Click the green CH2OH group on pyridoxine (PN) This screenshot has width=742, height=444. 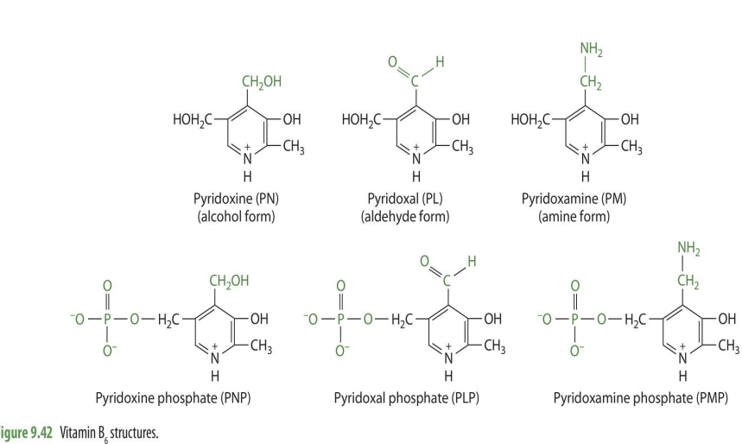[262, 83]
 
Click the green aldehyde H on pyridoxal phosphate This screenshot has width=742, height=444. [469, 261]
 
